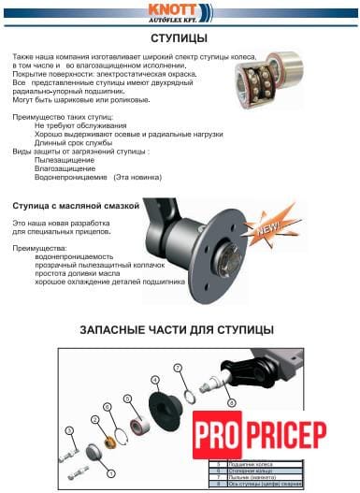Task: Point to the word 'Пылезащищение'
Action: tap(68, 159)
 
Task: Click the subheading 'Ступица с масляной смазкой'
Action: tap(75, 204)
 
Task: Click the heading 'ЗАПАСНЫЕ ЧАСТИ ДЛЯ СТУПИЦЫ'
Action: tap(177, 330)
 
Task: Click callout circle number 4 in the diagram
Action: tap(155, 381)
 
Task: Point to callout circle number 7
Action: tap(178, 368)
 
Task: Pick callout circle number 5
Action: tap(68, 429)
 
